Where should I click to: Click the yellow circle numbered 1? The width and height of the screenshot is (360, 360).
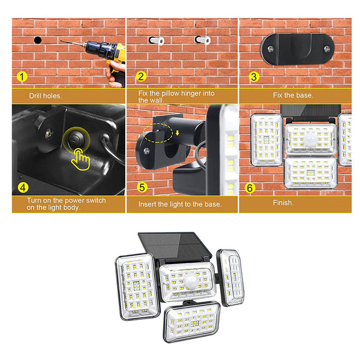pos(22,77)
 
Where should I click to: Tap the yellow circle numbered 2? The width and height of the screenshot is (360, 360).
pos(142,77)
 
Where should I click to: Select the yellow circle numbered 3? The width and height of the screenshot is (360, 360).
pos(254,77)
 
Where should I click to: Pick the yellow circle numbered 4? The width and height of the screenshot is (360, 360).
pos(22,187)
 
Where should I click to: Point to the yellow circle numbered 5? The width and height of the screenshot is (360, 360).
pos(142,187)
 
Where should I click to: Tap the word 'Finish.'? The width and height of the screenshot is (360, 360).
pos(284,203)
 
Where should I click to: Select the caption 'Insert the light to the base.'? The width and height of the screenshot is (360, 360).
pos(180,204)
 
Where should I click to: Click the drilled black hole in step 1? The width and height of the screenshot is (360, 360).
pos(37,40)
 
